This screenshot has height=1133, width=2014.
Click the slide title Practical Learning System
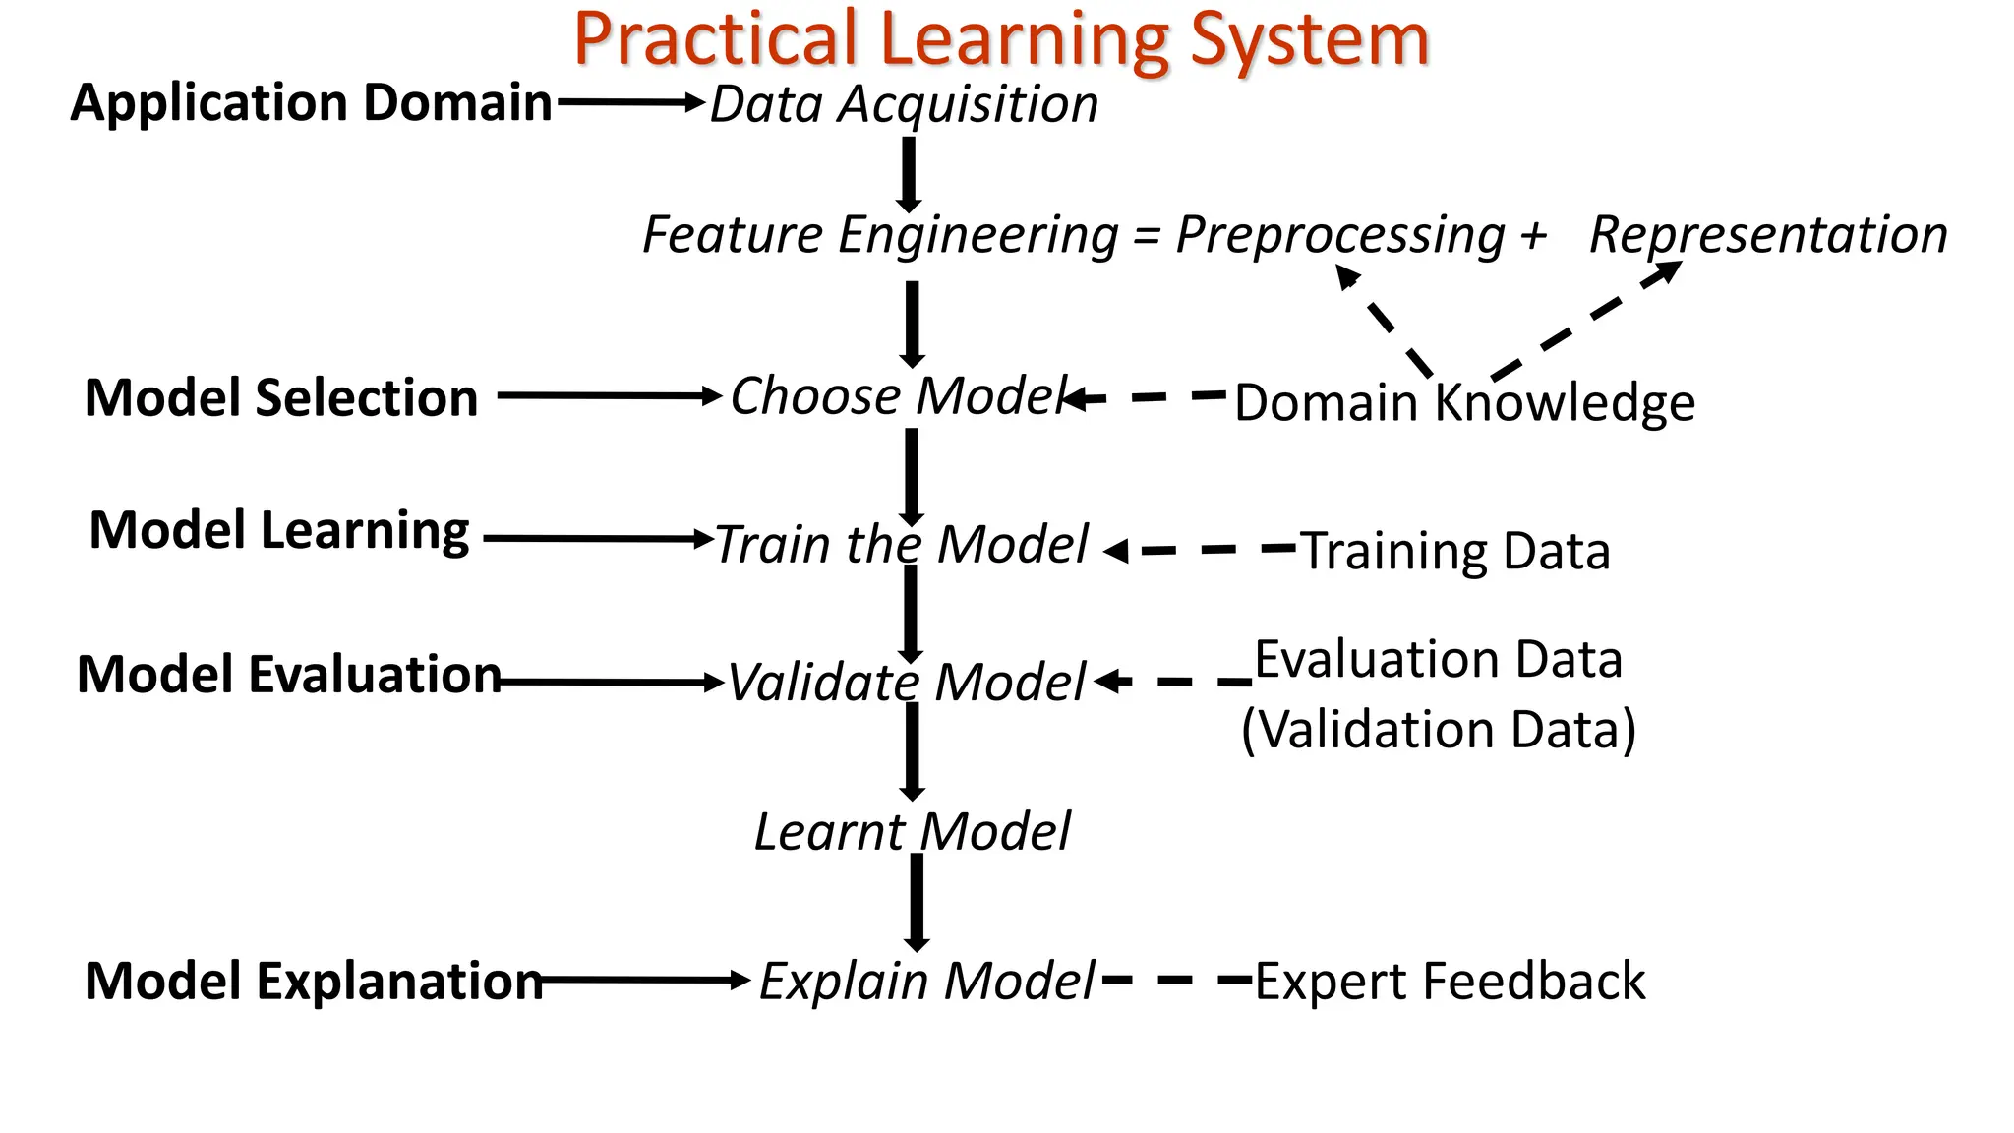(x=1000, y=39)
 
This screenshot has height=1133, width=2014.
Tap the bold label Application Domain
(x=311, y=102)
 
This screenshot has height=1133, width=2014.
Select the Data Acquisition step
(x=904, y=104)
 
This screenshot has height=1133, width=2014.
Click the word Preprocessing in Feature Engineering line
(x=1340, y=236)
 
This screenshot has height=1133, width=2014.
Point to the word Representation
(x=1768, y=236)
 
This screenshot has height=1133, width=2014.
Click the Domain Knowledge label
(x=1464, y=402)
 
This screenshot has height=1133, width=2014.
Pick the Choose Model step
(x=898, y=396)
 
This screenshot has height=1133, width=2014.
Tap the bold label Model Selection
(x=281, y=397)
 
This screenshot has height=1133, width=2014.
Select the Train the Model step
(x=901, y=544)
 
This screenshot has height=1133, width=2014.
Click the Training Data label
(x=1455, y=551)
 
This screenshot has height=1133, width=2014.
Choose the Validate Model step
(x=906, y=682)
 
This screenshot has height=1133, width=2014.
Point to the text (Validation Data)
(x=1438, y=730)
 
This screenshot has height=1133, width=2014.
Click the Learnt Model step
(x=912, y=832)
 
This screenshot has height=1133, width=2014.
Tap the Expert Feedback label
(x=1450, y=982)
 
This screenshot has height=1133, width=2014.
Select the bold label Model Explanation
(x=314, y=982)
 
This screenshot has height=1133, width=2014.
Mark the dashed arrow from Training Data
(x=1200, y=550)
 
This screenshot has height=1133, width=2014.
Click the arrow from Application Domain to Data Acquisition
(x=630, y=102)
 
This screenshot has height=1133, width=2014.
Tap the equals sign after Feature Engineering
(x=1146, y=237)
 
